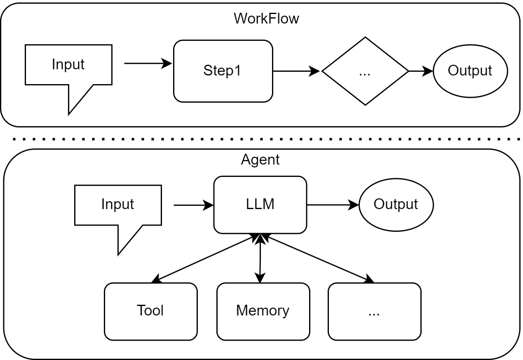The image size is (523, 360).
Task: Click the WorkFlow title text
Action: [x=266, y=19]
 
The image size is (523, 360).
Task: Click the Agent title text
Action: [x=260, y=160]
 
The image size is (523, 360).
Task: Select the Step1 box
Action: [x=223, y=71]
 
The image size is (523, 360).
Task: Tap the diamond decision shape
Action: [x=365, y=71]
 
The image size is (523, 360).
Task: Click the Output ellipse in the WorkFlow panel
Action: [x=470, y=71]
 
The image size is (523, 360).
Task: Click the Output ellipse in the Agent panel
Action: [x=396, y=205]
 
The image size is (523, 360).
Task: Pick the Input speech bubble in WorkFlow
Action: [x=68, y=65]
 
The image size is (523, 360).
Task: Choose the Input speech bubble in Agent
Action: [x=118, y=205]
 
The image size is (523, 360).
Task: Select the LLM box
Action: [x=260, y=205]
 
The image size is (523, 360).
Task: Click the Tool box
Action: [x=151, y=311]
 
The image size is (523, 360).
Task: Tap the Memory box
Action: [x=263, y=311]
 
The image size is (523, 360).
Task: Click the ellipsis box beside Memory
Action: [x=375, y=311]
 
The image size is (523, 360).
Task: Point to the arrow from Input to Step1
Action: [x=148, y=64]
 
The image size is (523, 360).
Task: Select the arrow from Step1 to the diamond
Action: [x=296, y=71]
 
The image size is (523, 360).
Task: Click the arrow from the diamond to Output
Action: [x=421, y=71]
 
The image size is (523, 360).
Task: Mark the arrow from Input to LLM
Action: [x=194, y=205]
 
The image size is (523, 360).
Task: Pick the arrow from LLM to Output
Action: [x=333, y=205]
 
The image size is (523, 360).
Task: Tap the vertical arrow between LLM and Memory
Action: [x=260, y=259]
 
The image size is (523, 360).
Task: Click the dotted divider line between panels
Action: [x=266, y=139]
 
